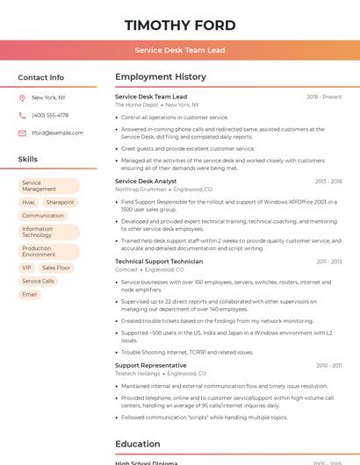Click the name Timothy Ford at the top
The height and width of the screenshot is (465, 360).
pyautogui.click(x=180, y=25)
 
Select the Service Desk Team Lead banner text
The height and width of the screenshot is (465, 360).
pyautogui.click(x=180, y=50)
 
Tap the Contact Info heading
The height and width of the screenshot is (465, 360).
pyautogui.click(x=40, y=77)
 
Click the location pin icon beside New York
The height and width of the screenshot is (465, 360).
pyautogui.click(x=22, y=97)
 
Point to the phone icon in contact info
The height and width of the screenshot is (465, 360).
pyautogui.click(x=22, y=115)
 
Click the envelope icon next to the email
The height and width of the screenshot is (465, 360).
pyautogui.click(x=22, y=133)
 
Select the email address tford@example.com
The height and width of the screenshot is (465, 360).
pyautogui.click(x=57, y=133)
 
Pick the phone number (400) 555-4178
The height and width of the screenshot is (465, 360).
pyautogui.click(x=50, y=115)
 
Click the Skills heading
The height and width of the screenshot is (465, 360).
pyautogui.click(x=27, y=159)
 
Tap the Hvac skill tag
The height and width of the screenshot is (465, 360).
pyautogui.click(x=29, y=202)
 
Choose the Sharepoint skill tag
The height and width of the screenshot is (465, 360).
pyautogui.click(x=60, y=202)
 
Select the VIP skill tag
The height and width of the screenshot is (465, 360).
pyautogui.click(x=26, y=268)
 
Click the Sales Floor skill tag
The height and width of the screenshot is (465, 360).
pyautogui.click(x=56, y=268)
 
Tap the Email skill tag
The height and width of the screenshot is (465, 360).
pyautogui.click(x=29, y=294)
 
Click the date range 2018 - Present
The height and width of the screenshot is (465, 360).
pyautogui.click(x=324, y=97)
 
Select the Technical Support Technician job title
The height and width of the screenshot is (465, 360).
pyautogui.click(x=159, y=261)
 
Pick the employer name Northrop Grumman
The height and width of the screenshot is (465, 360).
pyautogui.click(x=140, y=190)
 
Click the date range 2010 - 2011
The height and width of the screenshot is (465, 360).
pyautogui.click(x=329, y=365)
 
